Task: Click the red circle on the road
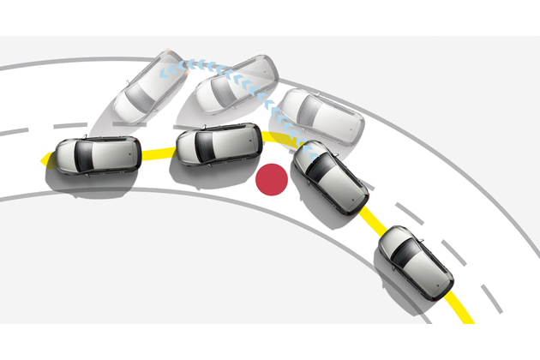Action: point(272,178)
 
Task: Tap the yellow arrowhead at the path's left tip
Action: point(44,159)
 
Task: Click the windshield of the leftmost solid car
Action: point(85,154)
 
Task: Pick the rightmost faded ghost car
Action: point(321,116)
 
